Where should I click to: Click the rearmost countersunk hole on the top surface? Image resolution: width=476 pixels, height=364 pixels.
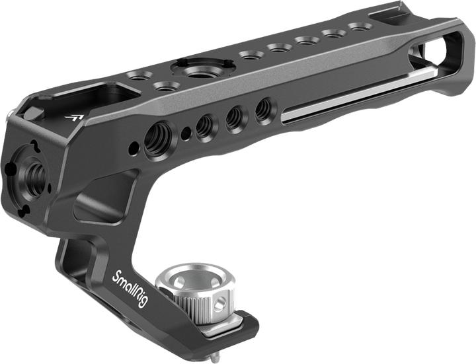pos(360,27)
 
